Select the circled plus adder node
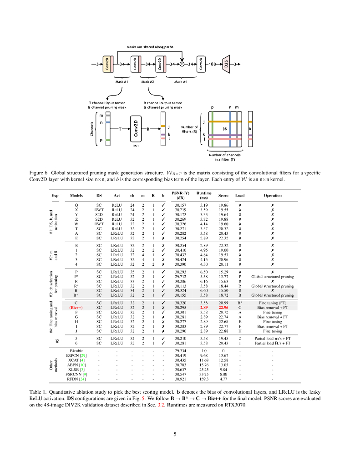tap(182, 64)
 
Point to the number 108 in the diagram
tap(212, 64)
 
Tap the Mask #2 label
tap(148, 82)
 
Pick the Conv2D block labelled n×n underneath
tap(136, 129)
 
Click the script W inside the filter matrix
tap(224, 129)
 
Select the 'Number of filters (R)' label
tap(189, 129)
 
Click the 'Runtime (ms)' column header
tap(204, 195)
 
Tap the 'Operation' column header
tap(273, 196)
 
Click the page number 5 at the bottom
tap(175, 434)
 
